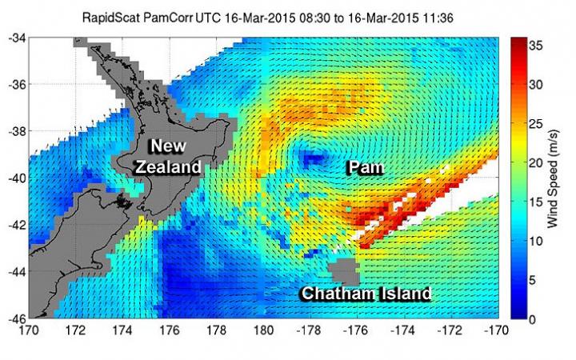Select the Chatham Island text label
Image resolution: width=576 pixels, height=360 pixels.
point(366,294)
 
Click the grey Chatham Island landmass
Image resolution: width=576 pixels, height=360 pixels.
point(345,269)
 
